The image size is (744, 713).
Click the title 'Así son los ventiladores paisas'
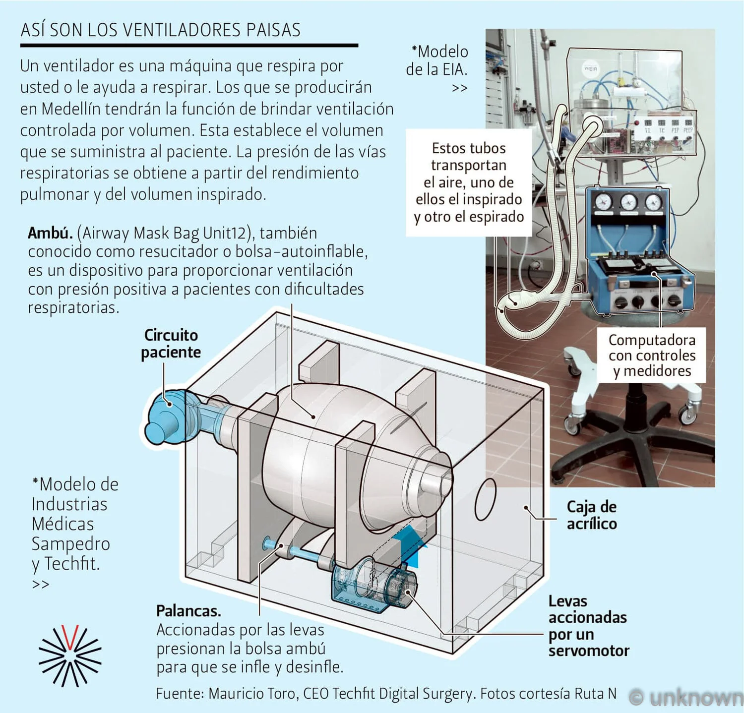click(160, 30)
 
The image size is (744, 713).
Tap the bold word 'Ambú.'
click(50, 233)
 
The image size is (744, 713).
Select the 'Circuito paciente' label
click(171, 343)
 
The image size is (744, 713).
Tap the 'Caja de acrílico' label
click(592, 515)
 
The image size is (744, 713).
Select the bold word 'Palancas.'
click(188, 611)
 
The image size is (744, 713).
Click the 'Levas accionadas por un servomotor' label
click(588, 626)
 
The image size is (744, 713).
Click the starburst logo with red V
click(70, 655)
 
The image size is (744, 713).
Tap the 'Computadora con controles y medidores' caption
click(652, 355)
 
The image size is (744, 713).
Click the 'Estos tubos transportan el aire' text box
click(469, 182)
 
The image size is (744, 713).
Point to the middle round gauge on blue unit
click(628, 202)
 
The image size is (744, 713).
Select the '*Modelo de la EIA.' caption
click(437, 61)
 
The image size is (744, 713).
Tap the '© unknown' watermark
click(687, 698)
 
